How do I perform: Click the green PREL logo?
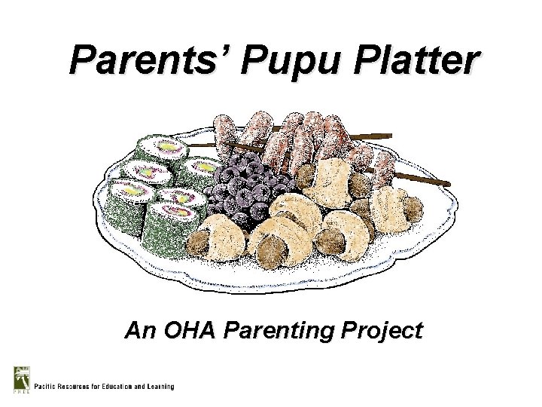(x=20, y=378)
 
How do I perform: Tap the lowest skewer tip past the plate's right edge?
(x=440, y=183)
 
